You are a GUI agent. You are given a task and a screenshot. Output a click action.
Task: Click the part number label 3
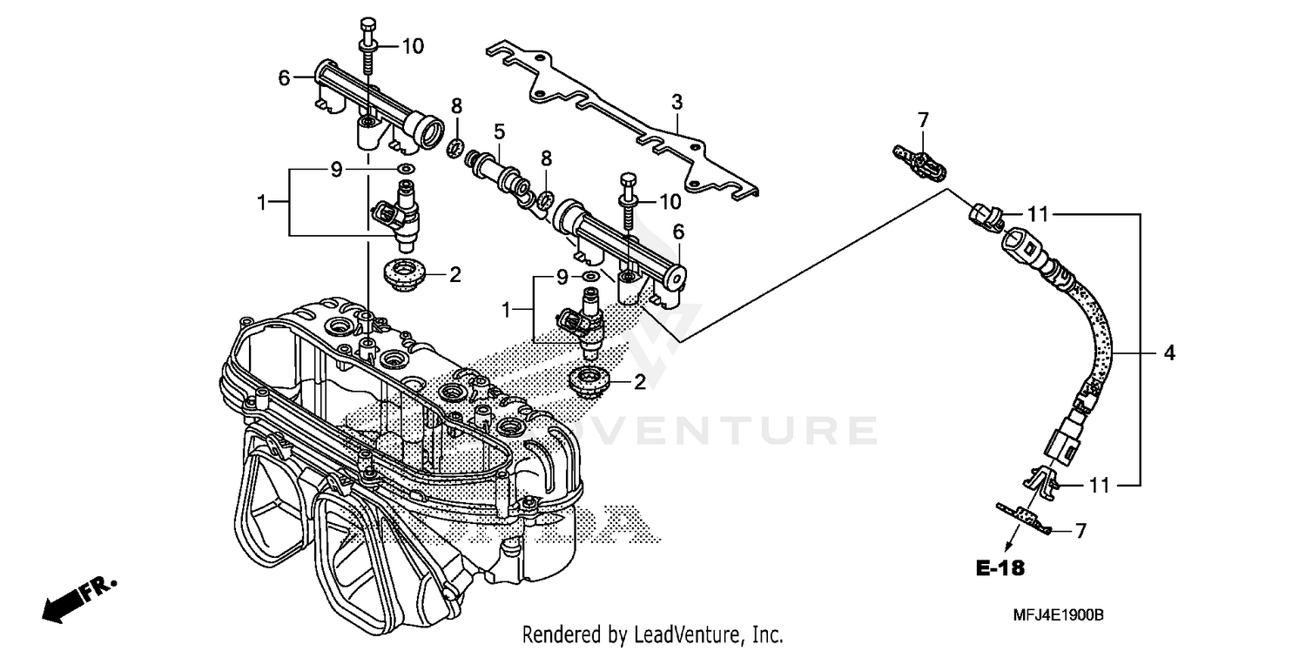point(677,103)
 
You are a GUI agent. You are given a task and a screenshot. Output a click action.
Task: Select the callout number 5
point(499,131)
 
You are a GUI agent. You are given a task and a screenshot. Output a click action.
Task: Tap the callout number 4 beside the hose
point(1169,352)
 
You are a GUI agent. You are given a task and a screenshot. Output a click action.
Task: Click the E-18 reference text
point(1000,569)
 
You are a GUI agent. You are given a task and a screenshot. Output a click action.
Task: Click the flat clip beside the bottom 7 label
point(1023,518)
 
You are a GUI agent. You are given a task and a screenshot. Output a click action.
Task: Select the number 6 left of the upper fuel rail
point(284,77)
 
